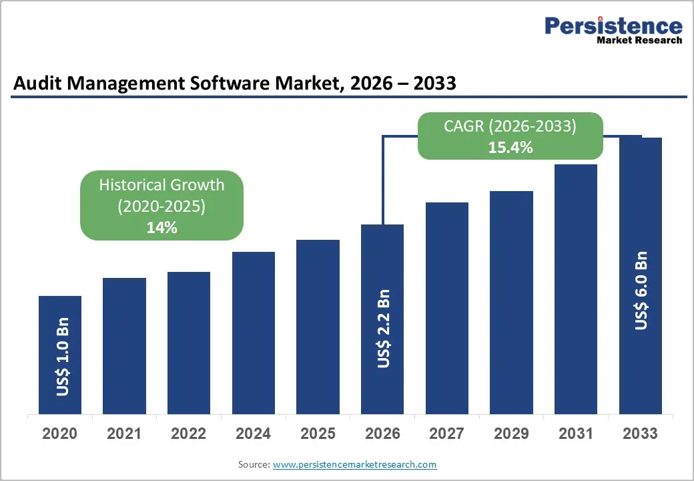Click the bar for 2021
(124, 345)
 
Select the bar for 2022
(189, 343)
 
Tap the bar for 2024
(254, 333)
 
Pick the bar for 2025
(318, 327)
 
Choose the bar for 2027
(446, 308)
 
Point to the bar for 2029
(511, 302)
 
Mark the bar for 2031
(576, 289)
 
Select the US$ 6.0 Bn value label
(641, 291)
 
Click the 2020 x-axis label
(60, 434)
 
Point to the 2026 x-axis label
(382, 434)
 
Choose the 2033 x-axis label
(640, 434)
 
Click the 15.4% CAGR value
(510, 148)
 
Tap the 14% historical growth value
(161, 227)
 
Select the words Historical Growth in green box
(161, 185)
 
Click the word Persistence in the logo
(613, 26)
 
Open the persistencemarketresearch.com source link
(354, 464)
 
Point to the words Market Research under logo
(639, 40)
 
